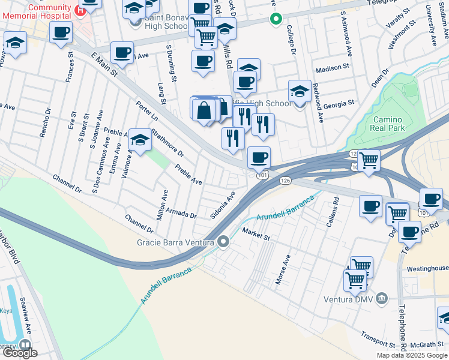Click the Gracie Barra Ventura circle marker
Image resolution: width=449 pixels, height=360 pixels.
224,242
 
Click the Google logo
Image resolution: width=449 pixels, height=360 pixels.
20,353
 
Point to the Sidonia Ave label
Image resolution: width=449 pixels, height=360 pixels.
222,205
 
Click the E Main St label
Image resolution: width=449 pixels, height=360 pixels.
104,64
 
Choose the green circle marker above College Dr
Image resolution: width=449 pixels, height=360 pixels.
276,19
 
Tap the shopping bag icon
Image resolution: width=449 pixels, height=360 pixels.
204,110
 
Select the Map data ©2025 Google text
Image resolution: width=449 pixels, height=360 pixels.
412,355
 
